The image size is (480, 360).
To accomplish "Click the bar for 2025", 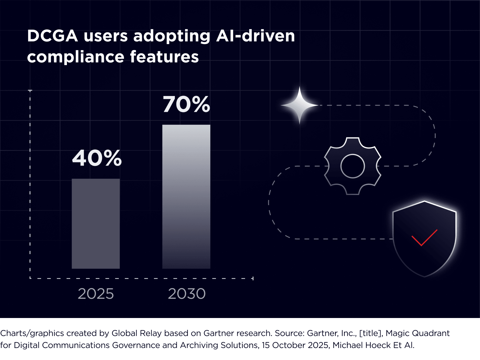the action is pos(96,223).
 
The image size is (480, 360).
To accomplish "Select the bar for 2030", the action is pos(186,197).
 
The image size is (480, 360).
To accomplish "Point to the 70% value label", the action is pos(186,104).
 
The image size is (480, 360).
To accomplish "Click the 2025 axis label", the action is pos(96,294).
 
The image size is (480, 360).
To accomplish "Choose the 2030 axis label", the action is pos(187,294).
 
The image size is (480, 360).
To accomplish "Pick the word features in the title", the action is pos(164,56).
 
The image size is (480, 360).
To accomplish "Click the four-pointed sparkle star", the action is pos(299,105).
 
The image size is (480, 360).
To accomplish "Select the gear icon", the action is pos(352,166).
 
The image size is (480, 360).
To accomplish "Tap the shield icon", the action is pos(424,239).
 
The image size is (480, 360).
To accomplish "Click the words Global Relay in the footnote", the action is pos(137,333).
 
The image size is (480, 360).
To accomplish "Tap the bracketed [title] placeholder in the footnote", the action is pos(371,333).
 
